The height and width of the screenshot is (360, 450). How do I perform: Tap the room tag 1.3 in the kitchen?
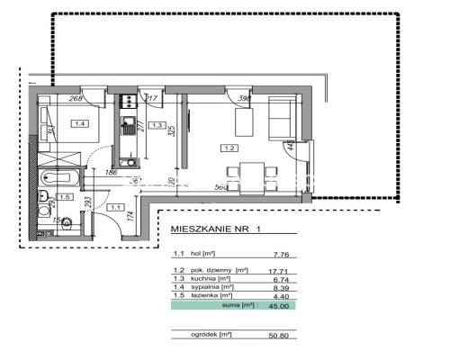157,125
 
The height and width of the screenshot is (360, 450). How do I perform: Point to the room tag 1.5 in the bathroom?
65,196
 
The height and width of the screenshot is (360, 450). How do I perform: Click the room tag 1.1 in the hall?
115,206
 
